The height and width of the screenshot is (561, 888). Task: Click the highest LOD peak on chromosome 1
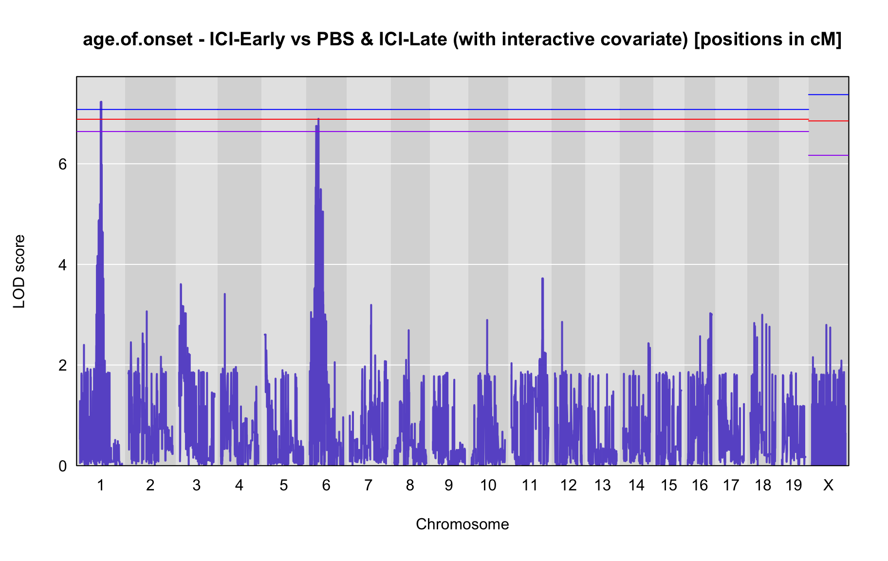click(x=101, y=102)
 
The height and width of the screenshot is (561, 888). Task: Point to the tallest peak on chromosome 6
click(x=318, y=119)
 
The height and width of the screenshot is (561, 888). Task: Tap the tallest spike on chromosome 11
click(x=542, y=279)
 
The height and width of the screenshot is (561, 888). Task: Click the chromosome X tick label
click(x=828, y=485)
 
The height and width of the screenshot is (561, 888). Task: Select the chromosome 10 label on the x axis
click(x=488, y=485)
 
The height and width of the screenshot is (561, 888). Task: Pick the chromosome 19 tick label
click(x=794, y=485)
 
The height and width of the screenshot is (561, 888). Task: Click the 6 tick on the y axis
click(x=62, y=164)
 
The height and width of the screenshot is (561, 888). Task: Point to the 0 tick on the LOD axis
click(x=62, y=466)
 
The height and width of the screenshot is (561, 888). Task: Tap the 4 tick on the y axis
click(x=62, y=265)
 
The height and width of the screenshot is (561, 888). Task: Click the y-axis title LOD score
click(x=19, y=271)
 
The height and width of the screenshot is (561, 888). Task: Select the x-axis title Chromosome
click(x=462, y=524)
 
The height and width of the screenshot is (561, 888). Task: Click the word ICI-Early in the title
click(x=247, y=39)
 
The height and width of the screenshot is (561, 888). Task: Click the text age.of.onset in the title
click(x=138, y=39)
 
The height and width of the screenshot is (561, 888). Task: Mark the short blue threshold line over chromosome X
click(x=828, y=94)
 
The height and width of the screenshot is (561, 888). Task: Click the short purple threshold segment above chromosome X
click(x=828, y=155)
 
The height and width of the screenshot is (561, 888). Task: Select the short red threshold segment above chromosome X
click(x=828, y=121)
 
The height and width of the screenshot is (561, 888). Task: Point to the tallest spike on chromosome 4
click(x=224, y=294)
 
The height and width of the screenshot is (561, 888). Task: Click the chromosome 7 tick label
click(x=368, y=485)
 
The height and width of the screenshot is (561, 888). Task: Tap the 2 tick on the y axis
click(x=62, y=365)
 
